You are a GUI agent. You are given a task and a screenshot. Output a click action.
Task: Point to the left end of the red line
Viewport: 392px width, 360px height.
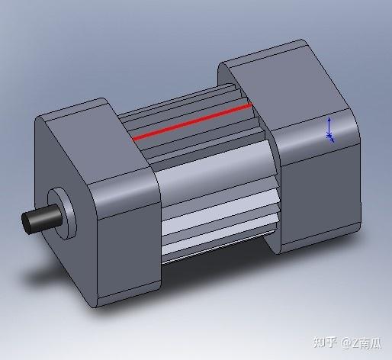(x=134, y=139)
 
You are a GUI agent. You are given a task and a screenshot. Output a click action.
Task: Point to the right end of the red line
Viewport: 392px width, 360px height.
(x=250, y=106)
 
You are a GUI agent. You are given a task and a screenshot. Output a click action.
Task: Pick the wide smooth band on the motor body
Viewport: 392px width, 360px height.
(x=214, y=183)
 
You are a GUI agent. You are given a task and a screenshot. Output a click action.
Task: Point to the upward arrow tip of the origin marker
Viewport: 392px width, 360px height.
(x=329, y=120)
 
